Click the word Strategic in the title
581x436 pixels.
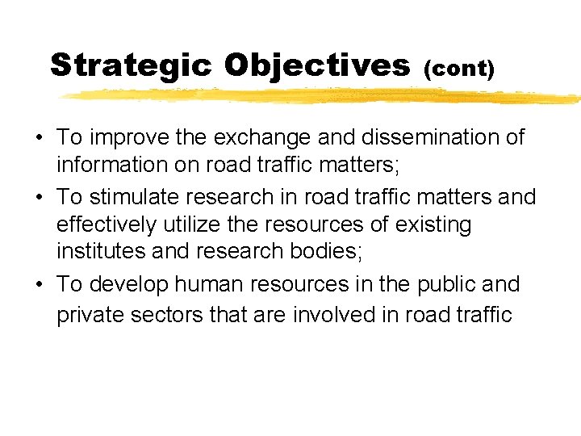pyautogui.click(x=131, y=65)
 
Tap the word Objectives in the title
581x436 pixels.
pyautogui.click(x=317, y=65)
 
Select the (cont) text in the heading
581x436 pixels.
pyautogui.click(x=458, y=68)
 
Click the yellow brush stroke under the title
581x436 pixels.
pyautogui.click(x=323, y=97)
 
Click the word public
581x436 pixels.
pyautogui.click(x=446, y=285)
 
